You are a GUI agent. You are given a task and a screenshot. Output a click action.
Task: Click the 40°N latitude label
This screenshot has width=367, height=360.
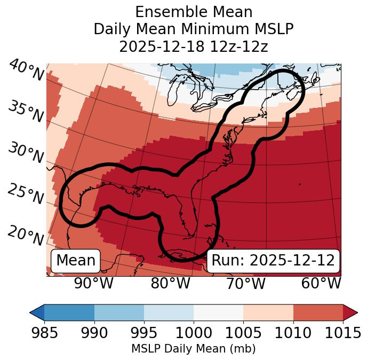tap(26, 71)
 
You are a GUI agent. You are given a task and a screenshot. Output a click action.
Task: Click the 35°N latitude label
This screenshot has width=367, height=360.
tap(26, 112)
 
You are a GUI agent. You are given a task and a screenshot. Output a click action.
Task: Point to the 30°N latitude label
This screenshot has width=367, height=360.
tap(26, 153)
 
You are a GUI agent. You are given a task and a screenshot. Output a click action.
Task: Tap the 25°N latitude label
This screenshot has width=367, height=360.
tap(26, 194)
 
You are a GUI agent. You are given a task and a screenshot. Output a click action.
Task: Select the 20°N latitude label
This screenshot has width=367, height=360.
tap(26, 236)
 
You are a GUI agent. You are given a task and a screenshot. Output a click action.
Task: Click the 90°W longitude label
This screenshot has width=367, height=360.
tap(94, 283)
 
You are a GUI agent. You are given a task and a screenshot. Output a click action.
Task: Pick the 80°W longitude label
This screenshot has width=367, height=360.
tap(170, 283)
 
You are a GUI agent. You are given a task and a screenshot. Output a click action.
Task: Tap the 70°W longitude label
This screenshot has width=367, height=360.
tap(246, 283)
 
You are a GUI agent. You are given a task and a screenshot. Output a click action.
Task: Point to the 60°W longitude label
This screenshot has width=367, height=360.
tap(321, 283)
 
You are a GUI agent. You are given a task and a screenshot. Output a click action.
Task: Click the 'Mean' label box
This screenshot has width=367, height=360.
tap(76, 261)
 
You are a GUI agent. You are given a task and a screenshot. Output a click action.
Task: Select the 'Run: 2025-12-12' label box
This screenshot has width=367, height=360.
tap(273, 261)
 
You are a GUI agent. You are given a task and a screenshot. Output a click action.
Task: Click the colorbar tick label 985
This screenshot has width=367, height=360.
tap(45, 333)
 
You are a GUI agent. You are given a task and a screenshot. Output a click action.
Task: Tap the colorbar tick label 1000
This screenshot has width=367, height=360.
tap(194, 333)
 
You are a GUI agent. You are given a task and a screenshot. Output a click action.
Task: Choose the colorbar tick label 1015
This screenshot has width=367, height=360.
tap(342, 333)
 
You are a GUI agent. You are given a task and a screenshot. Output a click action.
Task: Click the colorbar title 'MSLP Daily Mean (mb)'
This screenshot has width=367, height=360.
tap(194, 349)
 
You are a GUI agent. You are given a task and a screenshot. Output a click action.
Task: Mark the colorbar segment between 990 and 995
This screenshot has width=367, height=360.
tap(119, 312)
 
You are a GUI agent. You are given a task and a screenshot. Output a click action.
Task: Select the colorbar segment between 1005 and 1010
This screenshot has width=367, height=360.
tap(268, 312)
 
